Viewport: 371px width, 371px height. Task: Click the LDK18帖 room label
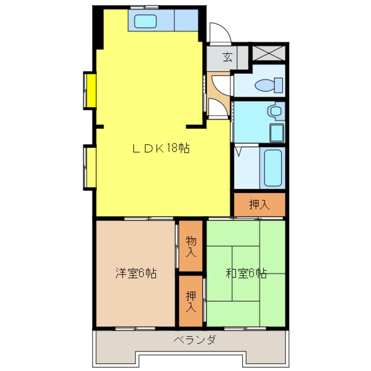tap(161, 149)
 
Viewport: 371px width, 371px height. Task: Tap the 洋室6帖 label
tap(136, 274)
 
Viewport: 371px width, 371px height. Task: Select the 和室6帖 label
tap(246, 274)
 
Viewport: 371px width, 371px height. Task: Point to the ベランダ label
tap(194, 340)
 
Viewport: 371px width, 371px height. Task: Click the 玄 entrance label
tap(228, 57)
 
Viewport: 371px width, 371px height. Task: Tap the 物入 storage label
tap(191, 246)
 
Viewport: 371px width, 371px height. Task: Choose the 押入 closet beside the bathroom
tap(259, 204)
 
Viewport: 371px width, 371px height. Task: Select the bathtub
tap(272, 168)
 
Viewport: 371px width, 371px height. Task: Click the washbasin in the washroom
tap(275, 111)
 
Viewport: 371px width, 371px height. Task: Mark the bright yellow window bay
tap(91, 90)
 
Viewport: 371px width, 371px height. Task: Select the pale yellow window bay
tap(91, 167)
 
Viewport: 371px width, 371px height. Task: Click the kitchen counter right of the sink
tap(187, 20)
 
